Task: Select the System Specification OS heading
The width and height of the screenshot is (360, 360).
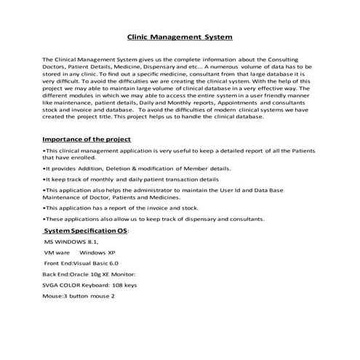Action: coord(85,231)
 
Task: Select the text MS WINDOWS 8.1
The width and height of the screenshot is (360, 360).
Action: coord(71,240)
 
